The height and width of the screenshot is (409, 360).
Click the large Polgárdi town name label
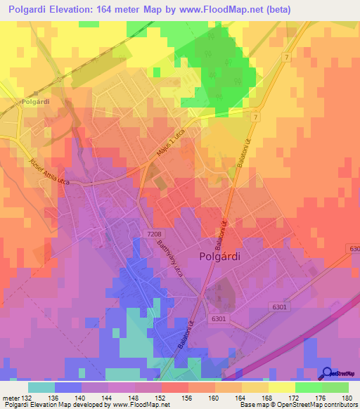click(220, 257)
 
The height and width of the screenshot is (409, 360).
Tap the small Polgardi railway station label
click(35, 100)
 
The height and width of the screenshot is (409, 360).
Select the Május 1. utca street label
click(162, 140)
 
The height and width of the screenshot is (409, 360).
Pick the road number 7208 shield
click(156, 232)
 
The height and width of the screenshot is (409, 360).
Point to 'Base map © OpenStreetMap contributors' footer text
click(297, 405)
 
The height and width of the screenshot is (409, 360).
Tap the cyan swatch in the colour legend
click(41, 387)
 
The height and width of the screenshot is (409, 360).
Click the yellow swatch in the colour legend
click(283, 387)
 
